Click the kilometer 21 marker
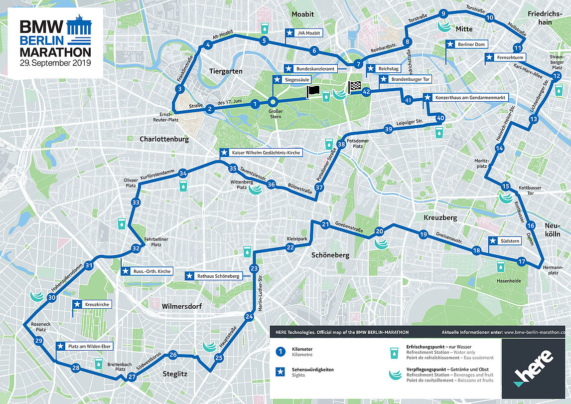pyautogui.click(x=325, y=224)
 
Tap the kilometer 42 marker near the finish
pyautogui.click(x=367, y=92)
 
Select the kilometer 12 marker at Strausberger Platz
pyautogui.click(x=557, y=76)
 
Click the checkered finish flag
pyautogui.click(x=354, y=88)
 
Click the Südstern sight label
pyautogui.click(x=504, y=241)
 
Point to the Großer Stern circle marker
pyautogui.click(x=273, y=101)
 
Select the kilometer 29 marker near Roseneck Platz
pyautogui.click(x=39, y=341)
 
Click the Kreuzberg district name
pyautogui.click(x=440, y=218)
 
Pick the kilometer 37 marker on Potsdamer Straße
pyautogui.click(x=319, y=188)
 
